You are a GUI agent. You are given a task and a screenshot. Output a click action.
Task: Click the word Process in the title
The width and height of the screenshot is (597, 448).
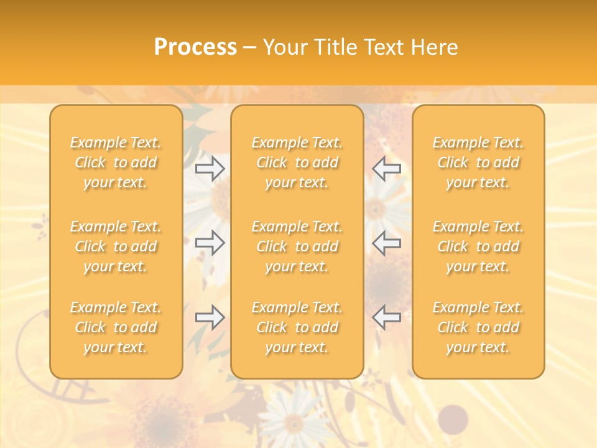[195, 47]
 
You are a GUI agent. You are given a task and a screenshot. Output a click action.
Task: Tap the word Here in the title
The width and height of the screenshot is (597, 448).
[433, 47]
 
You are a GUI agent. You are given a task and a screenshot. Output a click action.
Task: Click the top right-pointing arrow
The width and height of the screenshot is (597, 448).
[210, 168]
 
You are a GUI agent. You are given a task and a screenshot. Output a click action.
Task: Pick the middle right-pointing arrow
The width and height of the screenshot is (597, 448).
[210, 242]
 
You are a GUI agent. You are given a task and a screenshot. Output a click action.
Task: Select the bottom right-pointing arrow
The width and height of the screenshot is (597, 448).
[210, 317]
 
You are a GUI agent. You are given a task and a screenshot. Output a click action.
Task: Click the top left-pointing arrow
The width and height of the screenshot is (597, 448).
[387, 168]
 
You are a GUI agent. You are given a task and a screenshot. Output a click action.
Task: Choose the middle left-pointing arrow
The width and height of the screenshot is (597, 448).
[387, 242]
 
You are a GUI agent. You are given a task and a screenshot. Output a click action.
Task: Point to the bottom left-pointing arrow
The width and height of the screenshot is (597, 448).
[387, 317]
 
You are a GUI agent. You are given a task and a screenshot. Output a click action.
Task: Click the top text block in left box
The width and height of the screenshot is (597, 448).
[116, 162]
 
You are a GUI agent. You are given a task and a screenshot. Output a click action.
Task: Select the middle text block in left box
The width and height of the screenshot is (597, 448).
[116, 246]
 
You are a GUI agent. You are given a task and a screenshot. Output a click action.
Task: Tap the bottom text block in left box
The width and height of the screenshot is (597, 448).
[116, 327]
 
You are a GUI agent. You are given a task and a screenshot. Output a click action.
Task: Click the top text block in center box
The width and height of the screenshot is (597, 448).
[297, 162]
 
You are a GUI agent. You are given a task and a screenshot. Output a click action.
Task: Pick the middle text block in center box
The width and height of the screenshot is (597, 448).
[297, 246]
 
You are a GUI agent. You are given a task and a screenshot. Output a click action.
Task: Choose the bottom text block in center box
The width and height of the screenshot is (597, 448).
[297, 327]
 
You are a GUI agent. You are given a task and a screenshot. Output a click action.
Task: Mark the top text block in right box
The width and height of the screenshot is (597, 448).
[478, 162]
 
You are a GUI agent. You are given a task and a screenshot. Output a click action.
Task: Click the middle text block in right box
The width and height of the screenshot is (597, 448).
[478, 246]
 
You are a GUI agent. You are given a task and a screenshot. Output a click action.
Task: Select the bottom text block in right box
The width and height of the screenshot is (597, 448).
[478, 327]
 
